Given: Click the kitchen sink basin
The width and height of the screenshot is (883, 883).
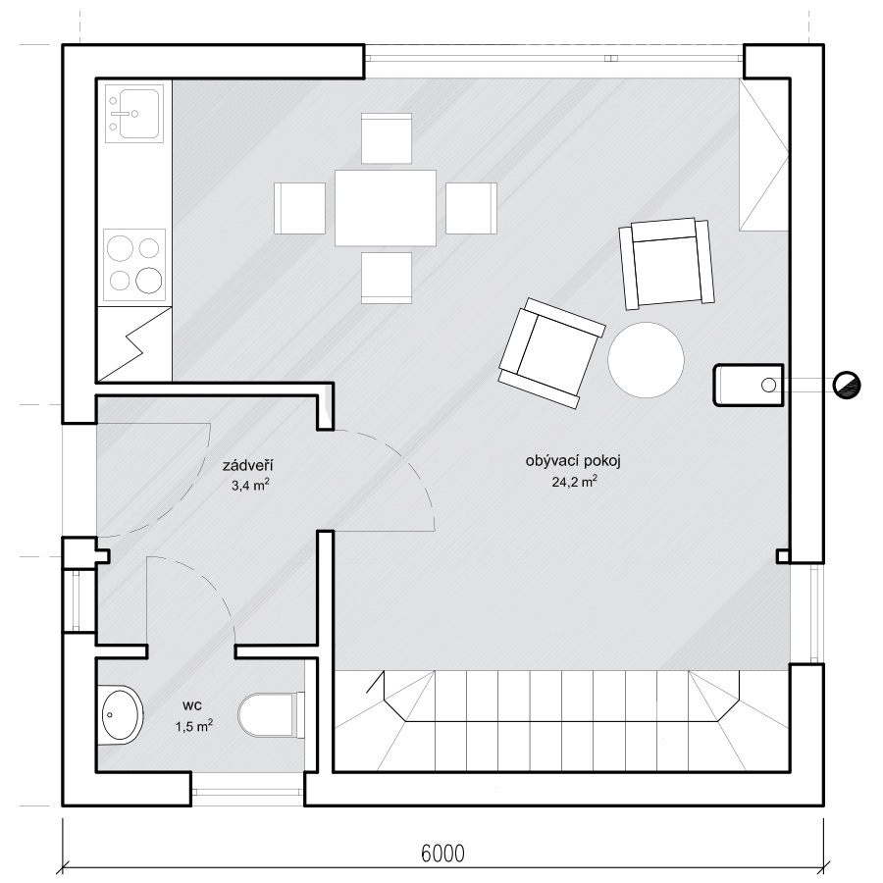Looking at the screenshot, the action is coord(134,113).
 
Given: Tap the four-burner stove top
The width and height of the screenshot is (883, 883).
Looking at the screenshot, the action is coord(134,265).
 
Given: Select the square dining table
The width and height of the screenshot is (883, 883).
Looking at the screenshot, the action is coord(386,208).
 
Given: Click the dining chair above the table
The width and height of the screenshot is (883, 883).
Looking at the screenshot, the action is coord(387,138).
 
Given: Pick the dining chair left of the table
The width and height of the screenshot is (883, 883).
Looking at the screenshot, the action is coord(299,208).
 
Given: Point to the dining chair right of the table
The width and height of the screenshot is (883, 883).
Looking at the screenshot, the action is coord(471,208).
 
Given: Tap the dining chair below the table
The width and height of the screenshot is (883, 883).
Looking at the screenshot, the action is coord(387,278).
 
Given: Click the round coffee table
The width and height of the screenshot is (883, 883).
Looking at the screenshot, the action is coord(646,360).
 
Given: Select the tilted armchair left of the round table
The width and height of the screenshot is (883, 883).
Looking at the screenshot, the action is coord(551,353).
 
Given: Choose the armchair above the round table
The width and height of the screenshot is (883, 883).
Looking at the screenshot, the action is coord(666,264).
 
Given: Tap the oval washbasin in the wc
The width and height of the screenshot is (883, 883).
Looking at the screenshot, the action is coord(121,715).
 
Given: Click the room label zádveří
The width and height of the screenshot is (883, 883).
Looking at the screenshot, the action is coord(248,466).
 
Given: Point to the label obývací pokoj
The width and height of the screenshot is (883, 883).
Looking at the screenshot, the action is coord(573,461).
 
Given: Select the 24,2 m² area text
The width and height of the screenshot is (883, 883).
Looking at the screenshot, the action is coord(574,482).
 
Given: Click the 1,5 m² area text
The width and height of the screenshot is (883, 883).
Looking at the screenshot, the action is coord(193,726).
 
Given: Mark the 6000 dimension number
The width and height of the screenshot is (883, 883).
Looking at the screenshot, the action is coord(443,854).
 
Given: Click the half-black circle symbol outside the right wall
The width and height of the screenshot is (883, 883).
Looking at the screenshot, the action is coord(847,386).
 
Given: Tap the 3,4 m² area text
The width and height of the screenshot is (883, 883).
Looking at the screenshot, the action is coord(250,485).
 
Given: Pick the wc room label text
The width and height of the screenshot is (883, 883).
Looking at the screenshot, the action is coord(192,705).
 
